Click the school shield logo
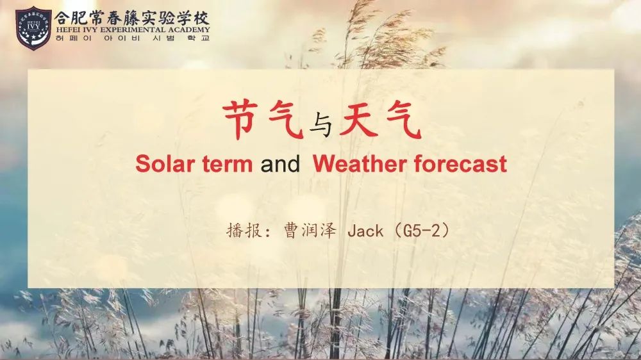tap(33, 28)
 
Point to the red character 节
tap(241, 120)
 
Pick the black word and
tap(280, 164)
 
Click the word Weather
tap(360, 164)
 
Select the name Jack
tap(365, 231)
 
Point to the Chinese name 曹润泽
tap(310, 231)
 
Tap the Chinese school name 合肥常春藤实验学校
tap(131, 18)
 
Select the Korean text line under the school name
tap(133, 38)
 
